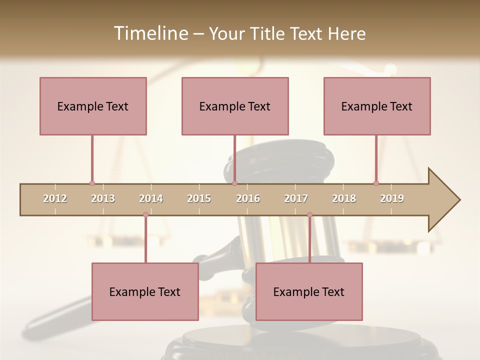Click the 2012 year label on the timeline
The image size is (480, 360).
55,198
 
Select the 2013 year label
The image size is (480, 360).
103,198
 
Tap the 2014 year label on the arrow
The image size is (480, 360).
151,198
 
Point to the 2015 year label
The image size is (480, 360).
199,198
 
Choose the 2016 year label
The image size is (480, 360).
248,198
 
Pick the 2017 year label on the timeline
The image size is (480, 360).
296,198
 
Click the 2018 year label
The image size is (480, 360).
344,198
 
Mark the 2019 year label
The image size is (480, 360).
392,198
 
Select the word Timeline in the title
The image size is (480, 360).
150,33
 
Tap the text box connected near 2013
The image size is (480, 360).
93,106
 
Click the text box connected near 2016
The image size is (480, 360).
235,106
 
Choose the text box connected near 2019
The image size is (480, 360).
377,106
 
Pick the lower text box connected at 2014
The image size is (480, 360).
145,291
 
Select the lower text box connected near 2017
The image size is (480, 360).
309,291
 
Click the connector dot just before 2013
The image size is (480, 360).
92,183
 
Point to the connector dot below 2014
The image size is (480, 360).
145,215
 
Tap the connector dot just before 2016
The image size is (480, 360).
234,183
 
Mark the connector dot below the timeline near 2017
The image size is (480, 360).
309,215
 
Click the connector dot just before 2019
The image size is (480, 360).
376,183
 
